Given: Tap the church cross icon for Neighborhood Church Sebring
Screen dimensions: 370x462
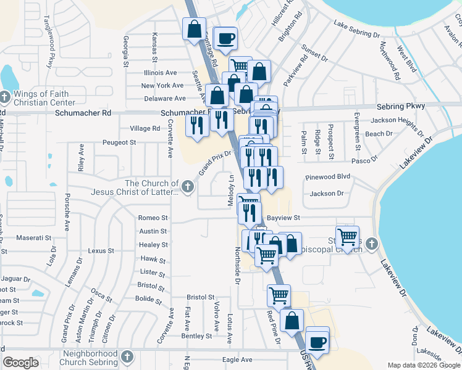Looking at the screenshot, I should coord(127,356).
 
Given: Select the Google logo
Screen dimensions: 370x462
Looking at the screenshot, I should coord(20,363).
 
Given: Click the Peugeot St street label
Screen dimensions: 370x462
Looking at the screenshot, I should coord(120,142).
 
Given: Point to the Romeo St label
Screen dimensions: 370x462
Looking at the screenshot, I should coord(153,218).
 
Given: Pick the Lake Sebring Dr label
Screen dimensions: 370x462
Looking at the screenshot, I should coord(357,30).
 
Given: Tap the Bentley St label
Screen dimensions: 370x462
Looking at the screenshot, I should coord(196,336).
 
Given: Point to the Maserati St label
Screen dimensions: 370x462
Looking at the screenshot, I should coord(35,238).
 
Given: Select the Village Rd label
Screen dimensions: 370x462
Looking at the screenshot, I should coord(145,128).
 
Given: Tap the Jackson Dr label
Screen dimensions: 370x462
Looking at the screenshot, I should coord(327,194).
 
